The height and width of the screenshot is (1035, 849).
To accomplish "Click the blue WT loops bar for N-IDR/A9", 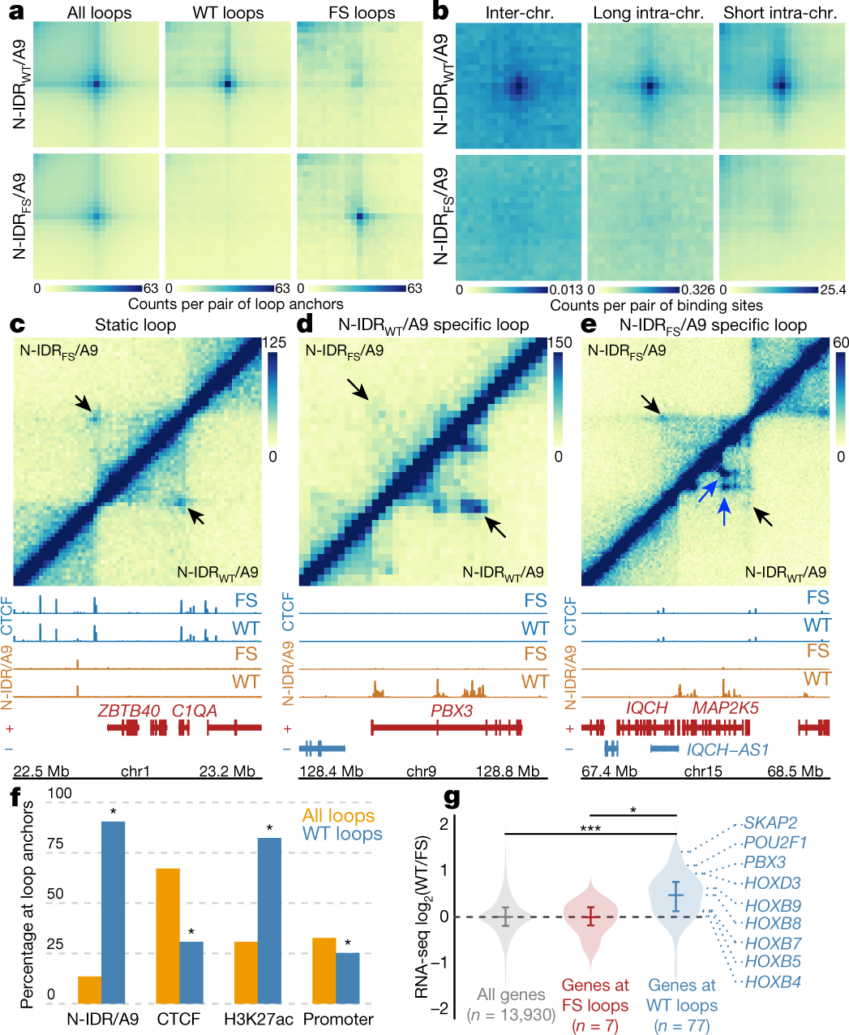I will [x=114, y=913].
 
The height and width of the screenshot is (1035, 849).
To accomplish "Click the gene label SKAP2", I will [x=770, y=822].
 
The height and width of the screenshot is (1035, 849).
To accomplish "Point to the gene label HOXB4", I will [x=773, y=982].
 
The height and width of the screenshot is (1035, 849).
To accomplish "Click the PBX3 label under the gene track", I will [x=452, y=711].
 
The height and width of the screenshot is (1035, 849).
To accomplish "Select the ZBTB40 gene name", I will [x=129, y=711].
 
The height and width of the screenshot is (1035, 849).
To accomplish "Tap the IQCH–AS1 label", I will [x=727, y=749].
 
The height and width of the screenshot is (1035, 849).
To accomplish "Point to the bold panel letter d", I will [x=306, y=325].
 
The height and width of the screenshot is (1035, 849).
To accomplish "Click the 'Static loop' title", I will [x=135, y=325].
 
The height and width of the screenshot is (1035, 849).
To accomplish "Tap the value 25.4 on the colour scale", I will [x=833, y=290].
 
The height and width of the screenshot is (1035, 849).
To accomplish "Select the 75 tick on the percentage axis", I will [x=55, y=844].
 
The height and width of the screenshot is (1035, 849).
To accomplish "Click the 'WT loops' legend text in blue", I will [x=342, y=834].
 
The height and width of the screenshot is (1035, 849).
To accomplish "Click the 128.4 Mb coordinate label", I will [x=331, y=771].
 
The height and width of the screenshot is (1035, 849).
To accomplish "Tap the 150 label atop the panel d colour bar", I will [x=560, y=342].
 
